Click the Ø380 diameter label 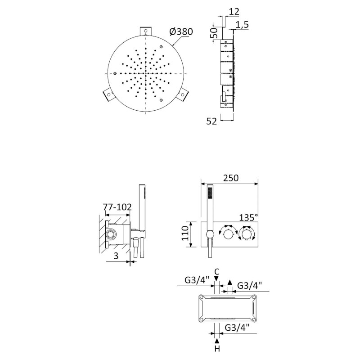[x=181, y=31]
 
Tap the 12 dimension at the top [x=234, y=12]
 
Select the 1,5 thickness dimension [x=242, y=24]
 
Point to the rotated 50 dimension [x=214, y=33]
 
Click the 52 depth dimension [x=211, y=121]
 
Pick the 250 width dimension [x=230, y=178]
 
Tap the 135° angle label [x=248, y=217]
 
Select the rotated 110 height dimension [x=185, y=233]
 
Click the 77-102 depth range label [x=117, y=207]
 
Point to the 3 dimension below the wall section [x=116, y=256]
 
